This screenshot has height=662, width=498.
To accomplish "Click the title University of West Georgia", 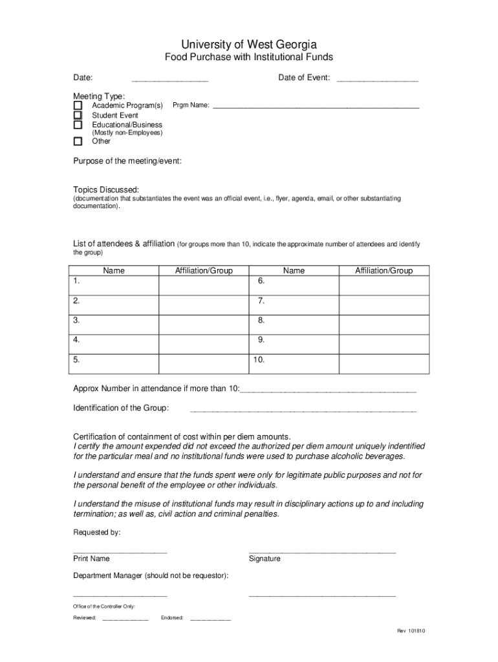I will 248,44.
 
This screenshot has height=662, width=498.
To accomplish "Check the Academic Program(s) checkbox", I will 78,105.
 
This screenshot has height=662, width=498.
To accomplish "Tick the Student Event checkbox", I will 78,115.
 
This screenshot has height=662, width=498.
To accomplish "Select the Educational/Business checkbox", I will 78,125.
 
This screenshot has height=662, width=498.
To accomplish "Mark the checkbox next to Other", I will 78,141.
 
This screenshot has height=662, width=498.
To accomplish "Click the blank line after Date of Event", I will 377,79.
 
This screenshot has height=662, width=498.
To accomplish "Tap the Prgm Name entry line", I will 316,105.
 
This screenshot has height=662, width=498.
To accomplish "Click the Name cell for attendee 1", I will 114,282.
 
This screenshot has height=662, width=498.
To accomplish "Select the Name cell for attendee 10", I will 294,360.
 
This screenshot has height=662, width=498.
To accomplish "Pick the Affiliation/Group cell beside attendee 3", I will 204,321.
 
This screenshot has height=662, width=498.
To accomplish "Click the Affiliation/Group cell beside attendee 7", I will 384,301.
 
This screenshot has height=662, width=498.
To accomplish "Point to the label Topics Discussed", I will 106,189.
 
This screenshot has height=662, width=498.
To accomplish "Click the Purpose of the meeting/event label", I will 127,161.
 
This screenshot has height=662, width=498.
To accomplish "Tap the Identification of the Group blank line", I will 303,409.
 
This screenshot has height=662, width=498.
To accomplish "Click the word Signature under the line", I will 265,559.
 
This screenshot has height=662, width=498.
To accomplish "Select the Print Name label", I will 91,559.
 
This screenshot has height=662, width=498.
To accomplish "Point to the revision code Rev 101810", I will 411,632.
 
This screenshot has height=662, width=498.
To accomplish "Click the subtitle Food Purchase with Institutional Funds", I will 248,58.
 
